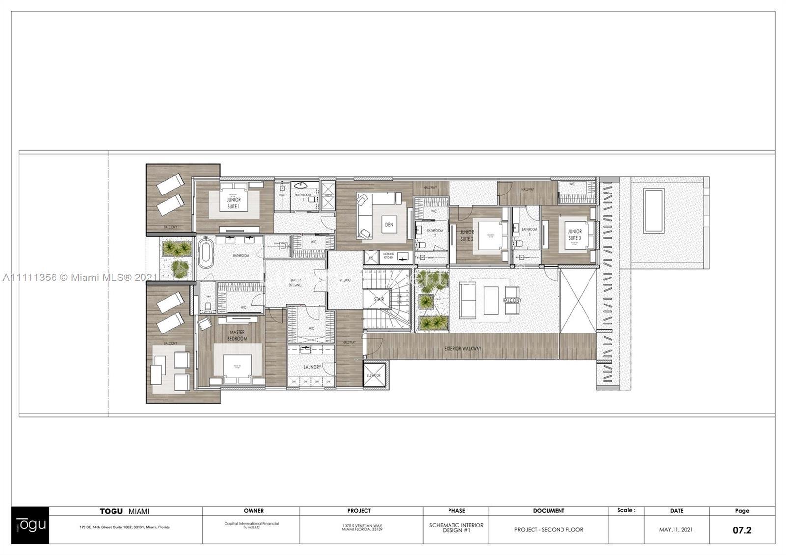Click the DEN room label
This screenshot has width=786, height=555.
(389, 225)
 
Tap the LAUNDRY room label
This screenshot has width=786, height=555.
(312, 367)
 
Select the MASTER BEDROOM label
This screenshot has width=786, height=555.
(237, 336)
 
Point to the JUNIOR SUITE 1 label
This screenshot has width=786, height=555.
(234, 203)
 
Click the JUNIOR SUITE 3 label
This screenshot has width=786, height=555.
(574, 235)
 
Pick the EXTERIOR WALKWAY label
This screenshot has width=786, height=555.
(462, 349)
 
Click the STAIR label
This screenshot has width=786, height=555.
(379, 299)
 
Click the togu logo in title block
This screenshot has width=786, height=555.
(30, 525)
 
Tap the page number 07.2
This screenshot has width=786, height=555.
(742, 530)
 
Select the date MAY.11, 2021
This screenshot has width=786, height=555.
(676, 530)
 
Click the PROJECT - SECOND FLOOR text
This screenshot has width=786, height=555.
(549, 530)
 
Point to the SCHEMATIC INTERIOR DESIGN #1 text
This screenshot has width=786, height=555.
(456, 527)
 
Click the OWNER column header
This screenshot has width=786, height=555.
(253, 511)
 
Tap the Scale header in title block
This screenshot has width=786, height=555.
(626, 510)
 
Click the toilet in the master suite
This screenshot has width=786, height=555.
(208, 306)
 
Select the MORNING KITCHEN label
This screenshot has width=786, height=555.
(389, 256)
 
